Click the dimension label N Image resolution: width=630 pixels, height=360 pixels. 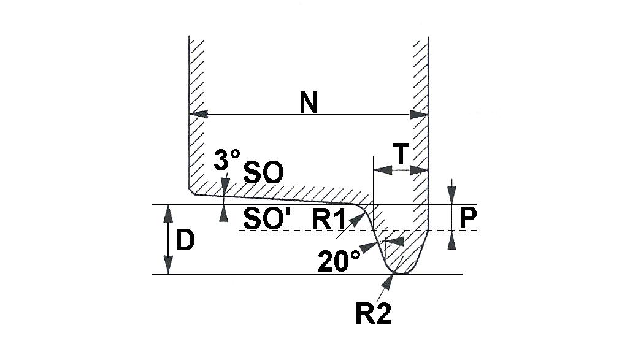(309, 102)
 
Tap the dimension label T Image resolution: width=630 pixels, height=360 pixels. (401, 155)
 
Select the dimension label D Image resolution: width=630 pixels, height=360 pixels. (185, 240)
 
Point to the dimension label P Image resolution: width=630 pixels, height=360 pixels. (467, 218)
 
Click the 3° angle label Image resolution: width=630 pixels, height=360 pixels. (226, 159)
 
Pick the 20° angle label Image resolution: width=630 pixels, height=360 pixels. (339, 261)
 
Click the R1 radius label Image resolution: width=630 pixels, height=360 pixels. (329, 220)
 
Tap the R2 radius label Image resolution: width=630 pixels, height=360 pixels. (373, 313)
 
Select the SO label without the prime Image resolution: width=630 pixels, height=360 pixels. (264, 173)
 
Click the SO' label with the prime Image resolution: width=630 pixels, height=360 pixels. (267, 219)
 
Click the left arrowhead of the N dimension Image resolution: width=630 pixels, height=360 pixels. (199, 114)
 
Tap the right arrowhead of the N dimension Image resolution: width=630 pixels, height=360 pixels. (418, 115)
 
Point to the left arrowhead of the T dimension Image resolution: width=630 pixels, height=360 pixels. (383, 170)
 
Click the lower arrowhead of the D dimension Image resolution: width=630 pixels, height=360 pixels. (168, 265)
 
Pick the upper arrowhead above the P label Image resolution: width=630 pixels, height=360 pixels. (452, 194)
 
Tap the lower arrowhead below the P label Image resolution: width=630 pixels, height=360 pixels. (452, 240)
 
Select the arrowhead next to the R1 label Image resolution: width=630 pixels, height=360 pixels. (357, 220)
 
